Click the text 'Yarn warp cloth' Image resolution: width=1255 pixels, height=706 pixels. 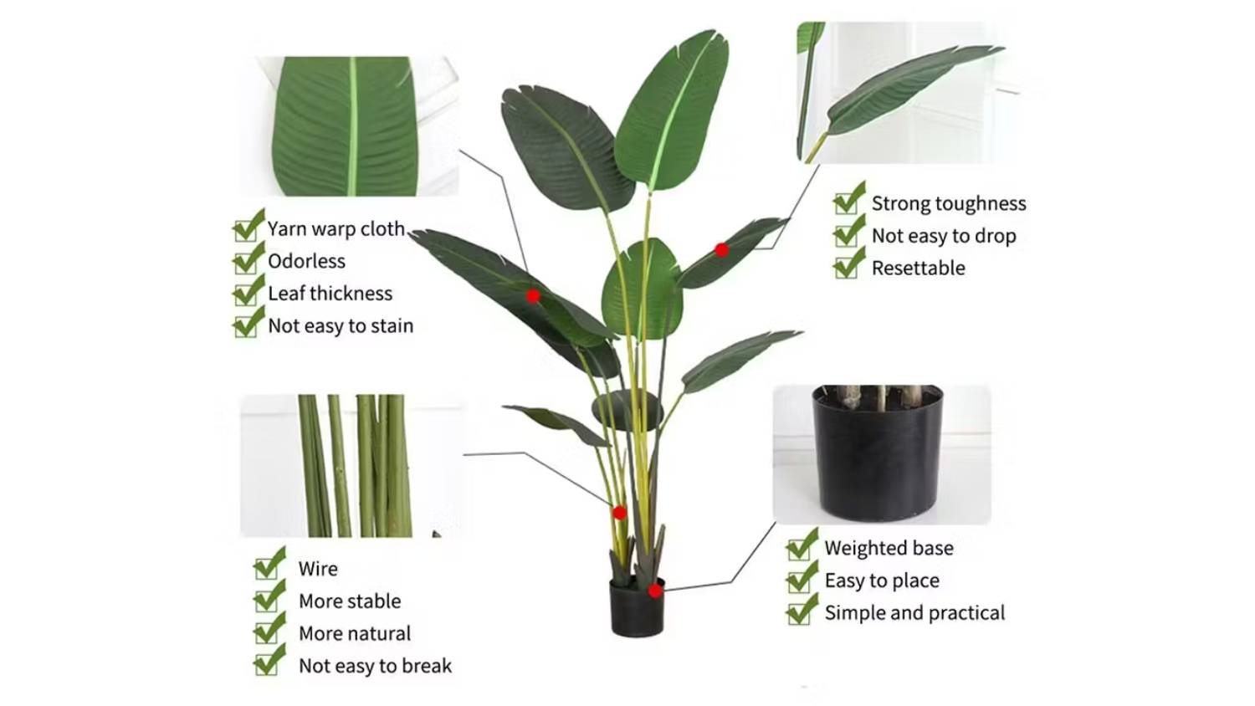[x=336, y=229]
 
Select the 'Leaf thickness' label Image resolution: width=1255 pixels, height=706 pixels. [x=330, y=294]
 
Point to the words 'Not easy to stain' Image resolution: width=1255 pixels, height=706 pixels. [x=341, y=326]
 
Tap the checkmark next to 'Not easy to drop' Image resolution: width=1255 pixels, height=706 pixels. [x=849, y=231]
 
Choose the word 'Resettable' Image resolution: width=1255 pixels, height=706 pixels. [x=919, y=269]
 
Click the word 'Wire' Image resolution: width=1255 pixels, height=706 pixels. [x=318, y=570]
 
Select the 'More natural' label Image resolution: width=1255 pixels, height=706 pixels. [x=355, y=634]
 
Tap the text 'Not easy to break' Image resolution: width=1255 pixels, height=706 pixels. [x=376, y=666]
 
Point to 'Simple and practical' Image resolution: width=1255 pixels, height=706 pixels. [x=915, y=613]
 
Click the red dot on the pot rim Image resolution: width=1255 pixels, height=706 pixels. [x=655, y=591]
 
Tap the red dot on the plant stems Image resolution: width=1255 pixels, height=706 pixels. [x=619, y=512]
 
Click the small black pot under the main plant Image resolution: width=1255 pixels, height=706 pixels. [x=637, y=607]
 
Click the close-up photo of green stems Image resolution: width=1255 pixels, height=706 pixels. [x=351, y=466]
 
